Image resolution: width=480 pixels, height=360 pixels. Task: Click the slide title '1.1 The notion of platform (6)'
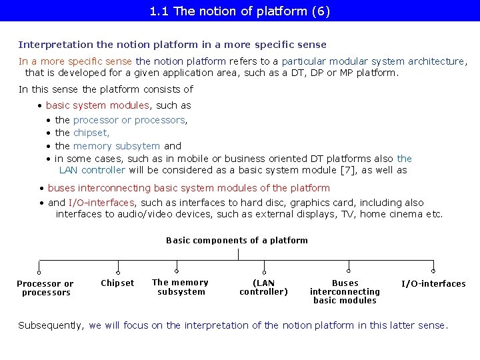[x=240, y=11]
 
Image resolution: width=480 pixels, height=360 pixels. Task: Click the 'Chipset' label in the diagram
[x=117, y=283]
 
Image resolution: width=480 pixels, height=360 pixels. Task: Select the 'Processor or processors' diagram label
[x=45, y=288]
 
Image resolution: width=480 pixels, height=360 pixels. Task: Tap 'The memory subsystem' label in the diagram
[x=181, y=287]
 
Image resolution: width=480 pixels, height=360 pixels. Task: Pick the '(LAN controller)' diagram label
[x=264, y=287]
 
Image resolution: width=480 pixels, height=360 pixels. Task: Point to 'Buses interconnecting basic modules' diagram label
[x=345, y=291]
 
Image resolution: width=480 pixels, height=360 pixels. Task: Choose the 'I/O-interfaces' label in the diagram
[x=433, y=284]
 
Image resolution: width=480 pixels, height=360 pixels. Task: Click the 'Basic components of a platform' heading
[x=237, y=241]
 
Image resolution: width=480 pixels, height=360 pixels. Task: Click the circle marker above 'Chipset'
[x=118, y=272]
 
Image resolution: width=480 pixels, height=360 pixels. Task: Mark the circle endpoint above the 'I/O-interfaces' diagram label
[x=433, y=272]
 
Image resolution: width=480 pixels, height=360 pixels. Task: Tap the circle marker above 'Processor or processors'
[x=39, y=272]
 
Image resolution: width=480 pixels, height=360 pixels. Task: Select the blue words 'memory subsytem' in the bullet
[x=117, y=146]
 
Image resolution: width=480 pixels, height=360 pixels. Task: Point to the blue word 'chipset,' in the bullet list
[x=91, y=133]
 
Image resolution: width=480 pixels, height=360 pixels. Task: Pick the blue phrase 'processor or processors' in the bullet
[x=130, y=120]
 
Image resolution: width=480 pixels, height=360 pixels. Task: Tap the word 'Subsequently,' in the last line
[x=51, y=325]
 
